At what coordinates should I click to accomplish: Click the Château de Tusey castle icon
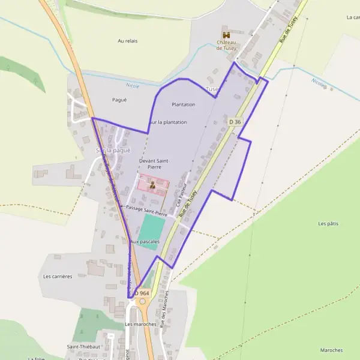(226, 35)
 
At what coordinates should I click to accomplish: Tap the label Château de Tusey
(227, 45)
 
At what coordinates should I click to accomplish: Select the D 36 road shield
(235, 122)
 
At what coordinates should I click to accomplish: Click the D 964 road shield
(141, 293)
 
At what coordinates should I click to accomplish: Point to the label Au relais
(128, 41)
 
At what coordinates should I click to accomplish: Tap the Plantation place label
(184, 104)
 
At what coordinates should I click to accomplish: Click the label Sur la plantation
(168, 122)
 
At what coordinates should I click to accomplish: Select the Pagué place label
(119, 100)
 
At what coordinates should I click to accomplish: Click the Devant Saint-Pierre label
(153, 164)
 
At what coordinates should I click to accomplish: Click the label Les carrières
(58, 277)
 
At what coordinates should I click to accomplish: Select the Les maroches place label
(140, 324)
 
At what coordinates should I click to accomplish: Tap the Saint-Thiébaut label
(83, 347)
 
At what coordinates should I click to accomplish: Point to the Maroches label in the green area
(331, 350)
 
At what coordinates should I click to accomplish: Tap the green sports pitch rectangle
(151, 232)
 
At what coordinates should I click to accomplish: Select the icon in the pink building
(152, 185)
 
